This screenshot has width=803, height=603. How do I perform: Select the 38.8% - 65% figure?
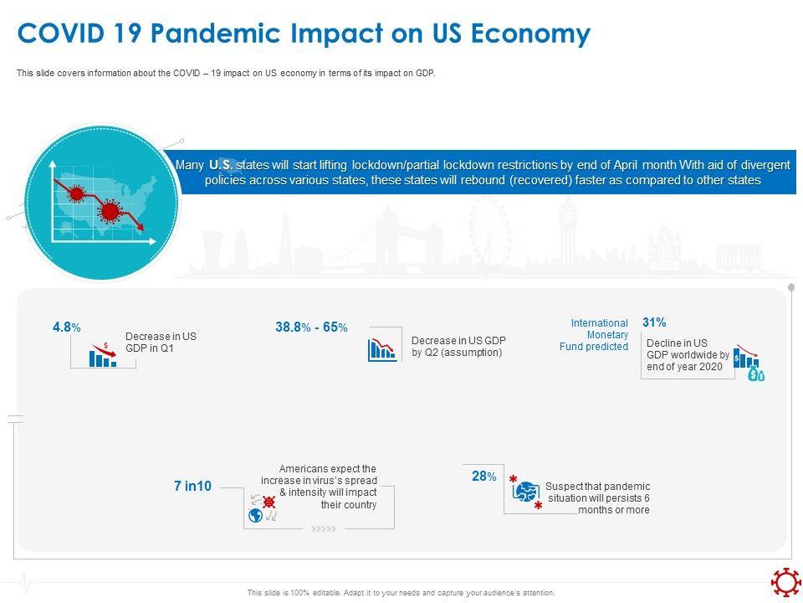311,327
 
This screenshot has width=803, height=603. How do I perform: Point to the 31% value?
654,322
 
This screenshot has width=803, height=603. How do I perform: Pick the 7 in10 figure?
192,486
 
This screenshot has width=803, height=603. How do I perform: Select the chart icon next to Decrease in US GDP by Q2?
381,349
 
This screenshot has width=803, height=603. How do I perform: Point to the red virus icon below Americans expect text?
269,502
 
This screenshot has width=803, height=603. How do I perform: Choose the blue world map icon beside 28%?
525,493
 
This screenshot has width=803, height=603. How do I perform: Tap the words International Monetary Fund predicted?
599,335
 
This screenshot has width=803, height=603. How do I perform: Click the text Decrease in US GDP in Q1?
161,342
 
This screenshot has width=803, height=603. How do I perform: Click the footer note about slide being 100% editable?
401,593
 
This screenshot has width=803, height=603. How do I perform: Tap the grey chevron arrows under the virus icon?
323,529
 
